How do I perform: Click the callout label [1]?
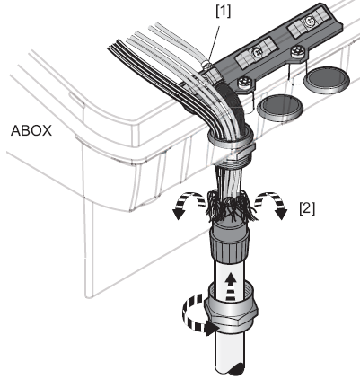pos(224,11)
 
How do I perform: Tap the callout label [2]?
pos(307,208)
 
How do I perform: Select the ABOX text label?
pos(31,131)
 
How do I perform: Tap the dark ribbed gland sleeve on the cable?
pos(230,244)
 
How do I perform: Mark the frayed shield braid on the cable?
pos(230,207)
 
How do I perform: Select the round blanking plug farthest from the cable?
pos(327,79)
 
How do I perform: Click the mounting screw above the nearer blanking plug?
pos(245,83)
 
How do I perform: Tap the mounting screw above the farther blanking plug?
pos(297,51)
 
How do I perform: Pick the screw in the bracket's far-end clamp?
pos(309,22)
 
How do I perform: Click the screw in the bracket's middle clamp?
pos(257,53)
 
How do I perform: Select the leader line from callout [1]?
pos(215,44)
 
